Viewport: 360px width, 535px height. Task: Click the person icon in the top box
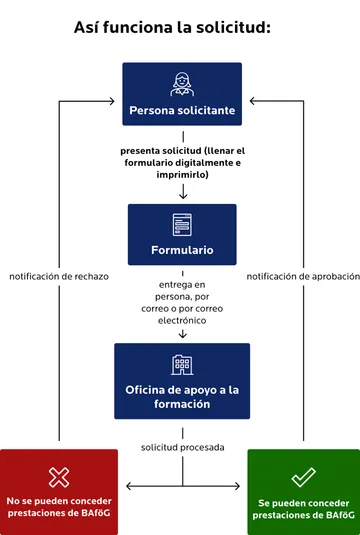coord(181,83)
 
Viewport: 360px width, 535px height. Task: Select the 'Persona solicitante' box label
coord(182,111)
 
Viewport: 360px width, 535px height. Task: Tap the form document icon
coord(181,223)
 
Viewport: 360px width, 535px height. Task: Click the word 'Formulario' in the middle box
coord(182,249)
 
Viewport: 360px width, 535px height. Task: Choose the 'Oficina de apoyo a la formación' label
coord(182,397)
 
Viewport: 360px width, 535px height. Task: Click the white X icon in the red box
coord(59,476)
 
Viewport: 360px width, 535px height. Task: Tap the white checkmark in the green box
coord(302,476)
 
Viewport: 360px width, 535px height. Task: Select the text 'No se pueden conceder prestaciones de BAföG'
coord(59,507)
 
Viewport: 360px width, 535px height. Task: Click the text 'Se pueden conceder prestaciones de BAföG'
coord(302,507)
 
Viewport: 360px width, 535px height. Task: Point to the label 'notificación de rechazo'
coord(58,276)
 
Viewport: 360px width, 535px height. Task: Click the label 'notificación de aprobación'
coord(301,276)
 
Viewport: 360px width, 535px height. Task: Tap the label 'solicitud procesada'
coord(182,446)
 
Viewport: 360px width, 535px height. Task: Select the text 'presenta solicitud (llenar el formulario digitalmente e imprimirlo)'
coord(182,162)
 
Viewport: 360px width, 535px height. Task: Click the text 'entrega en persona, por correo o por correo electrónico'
coord(182,303)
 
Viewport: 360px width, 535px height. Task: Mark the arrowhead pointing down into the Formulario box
coord(182,197)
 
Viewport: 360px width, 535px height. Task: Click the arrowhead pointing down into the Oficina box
coord(182,336)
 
